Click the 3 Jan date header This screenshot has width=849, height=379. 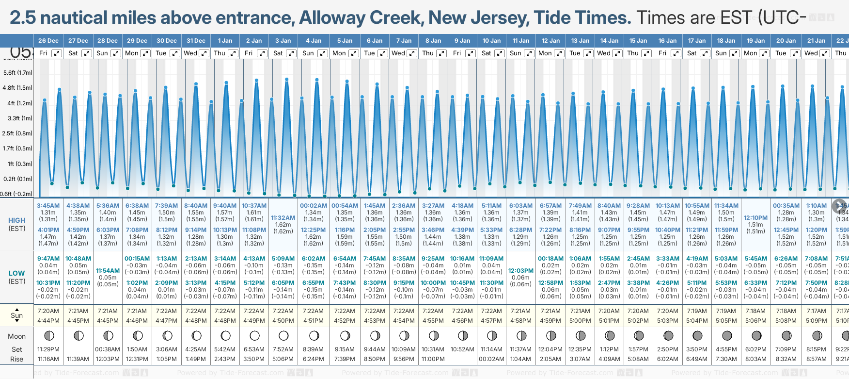pos(283,41)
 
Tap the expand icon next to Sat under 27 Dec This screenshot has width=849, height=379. pos(86,53)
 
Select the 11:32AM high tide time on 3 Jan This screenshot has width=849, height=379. pos(283,218)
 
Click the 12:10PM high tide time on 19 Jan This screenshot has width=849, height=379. pos(755,218)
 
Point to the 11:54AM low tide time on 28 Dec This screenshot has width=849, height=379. pos(108,271)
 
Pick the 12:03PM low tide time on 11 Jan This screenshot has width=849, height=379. pos(521,271)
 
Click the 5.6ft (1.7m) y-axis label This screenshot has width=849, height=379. pos(18,73)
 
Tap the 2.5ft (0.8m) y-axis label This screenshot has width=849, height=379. pos(18,133)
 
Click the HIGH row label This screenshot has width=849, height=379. pos(17,220)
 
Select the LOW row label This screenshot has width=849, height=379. pos(17,273)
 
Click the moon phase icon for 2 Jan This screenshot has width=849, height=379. pos(254,335)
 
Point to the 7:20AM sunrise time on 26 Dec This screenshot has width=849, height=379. pos(48,311)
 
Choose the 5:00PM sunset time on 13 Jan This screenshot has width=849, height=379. pos(580,321)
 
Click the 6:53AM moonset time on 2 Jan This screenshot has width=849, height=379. pos(254,349)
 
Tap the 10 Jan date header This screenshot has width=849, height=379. pos(491,41)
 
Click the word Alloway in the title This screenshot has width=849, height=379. pos(332,18)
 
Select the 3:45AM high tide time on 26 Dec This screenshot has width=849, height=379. pos(48,206)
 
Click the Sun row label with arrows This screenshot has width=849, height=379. pos(17,315)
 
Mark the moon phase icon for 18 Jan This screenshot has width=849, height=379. pos(727,335)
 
